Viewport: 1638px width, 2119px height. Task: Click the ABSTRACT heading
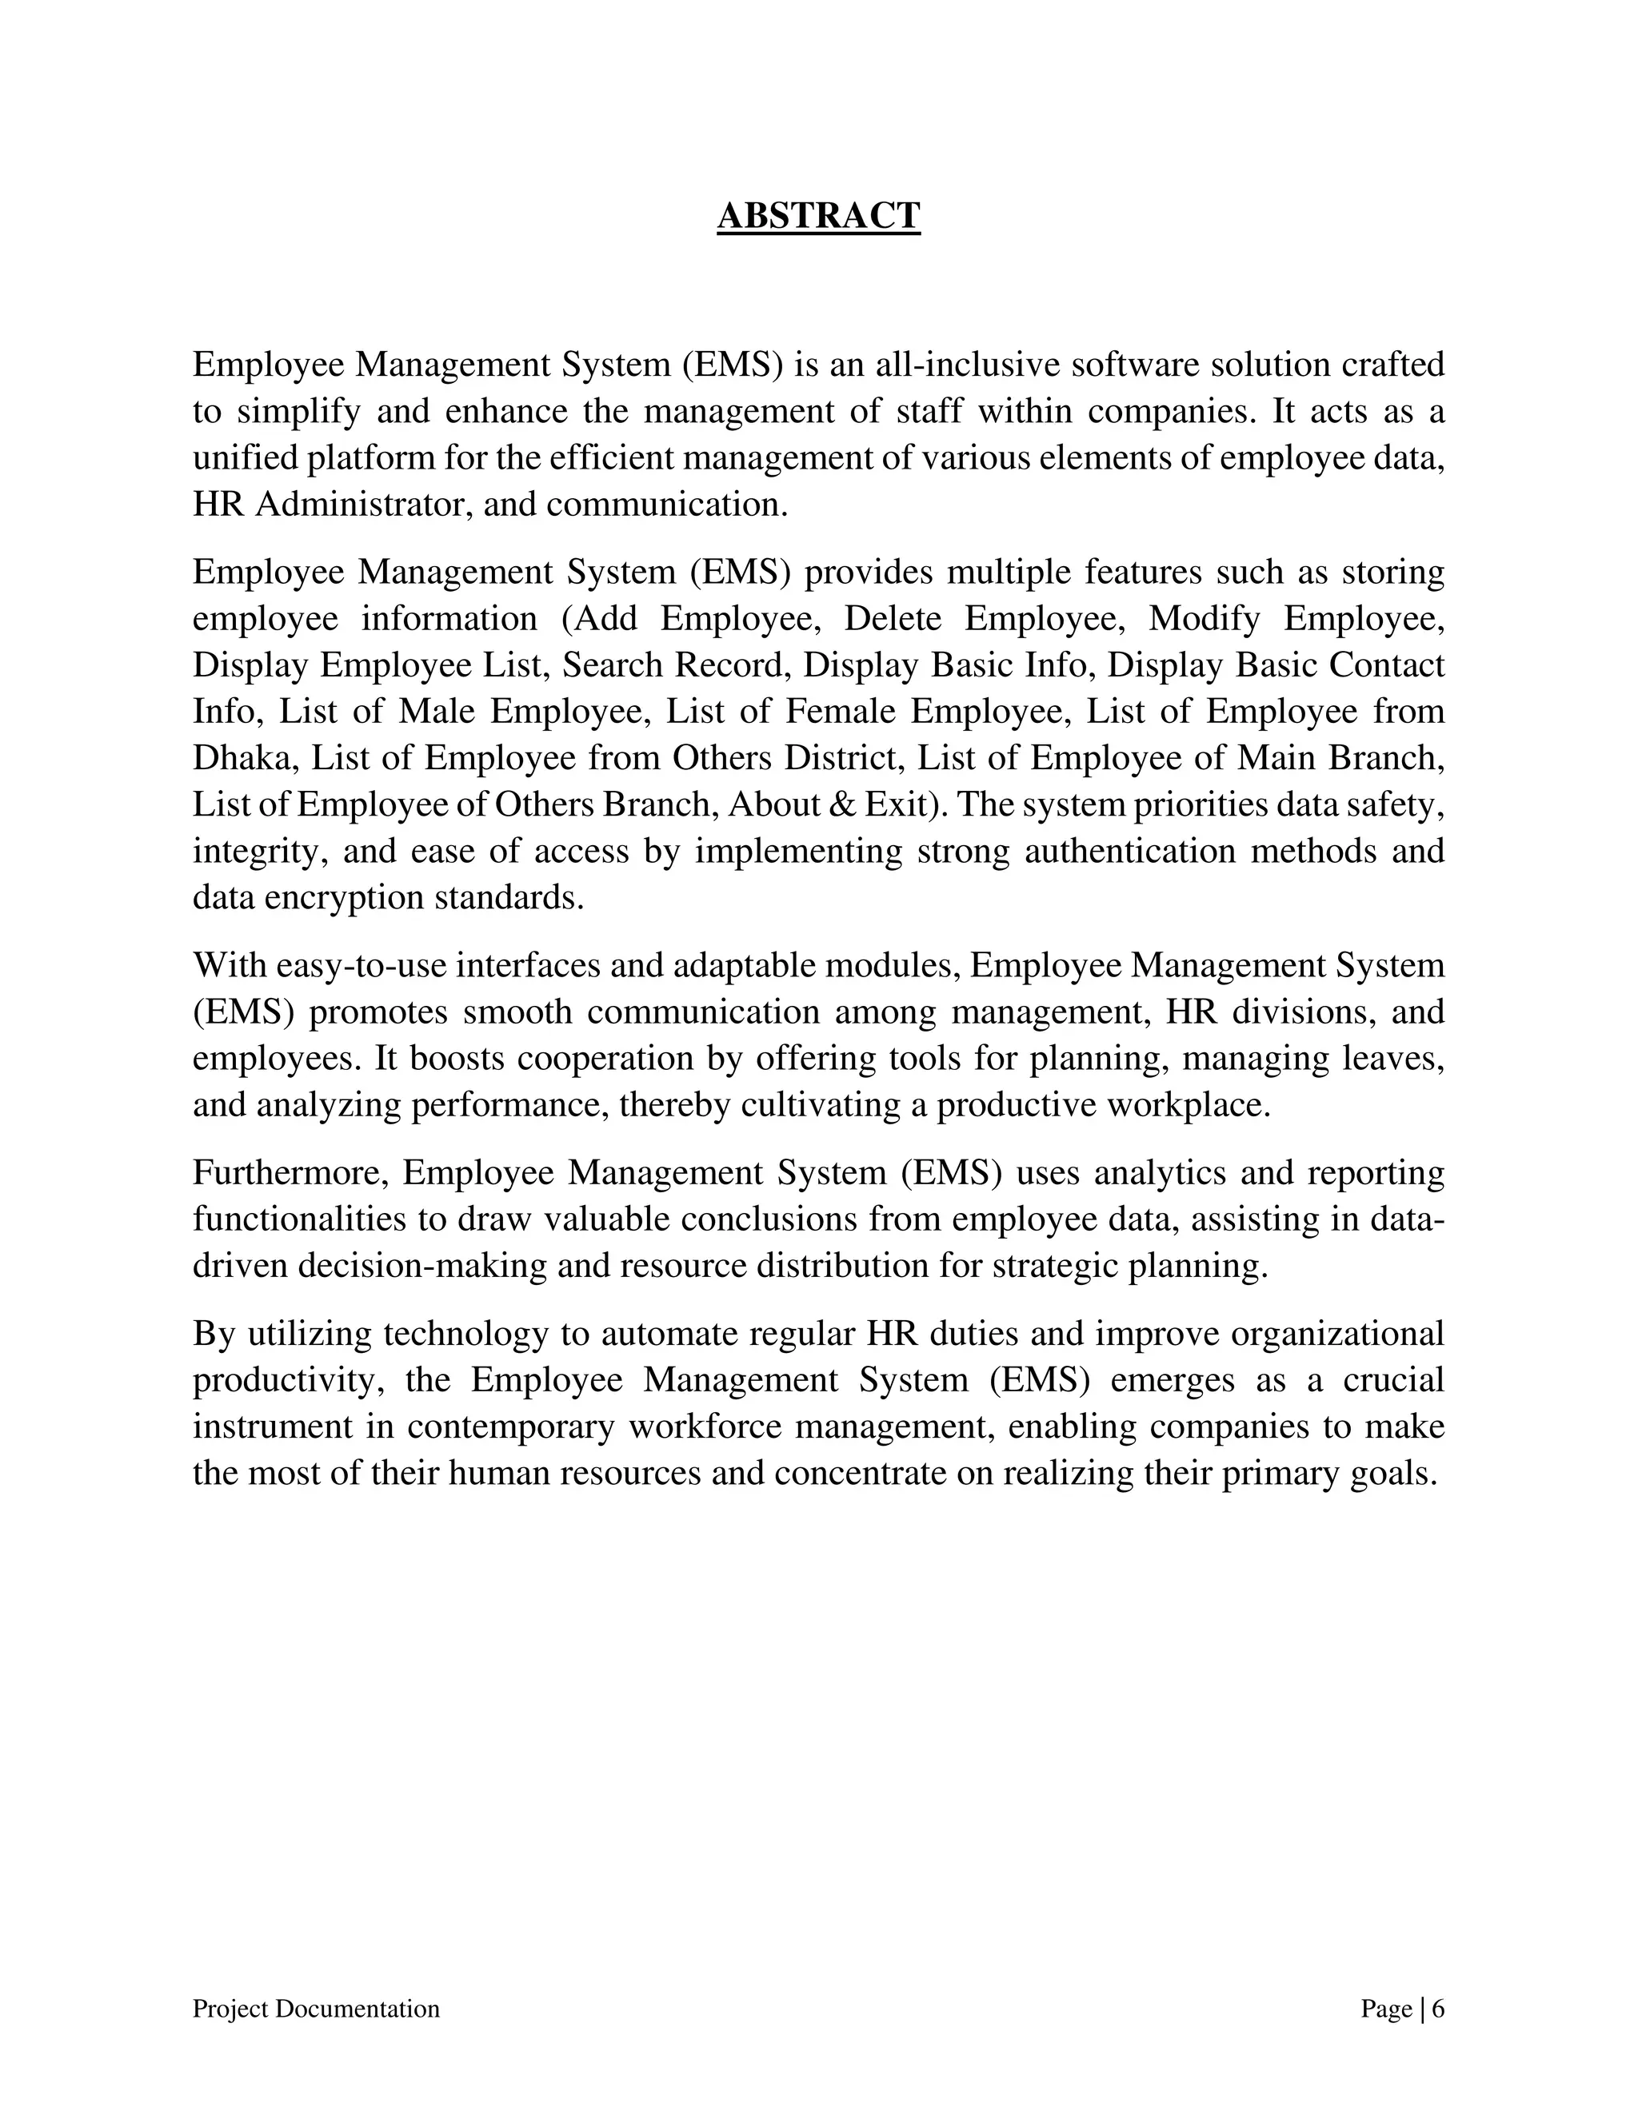pyautogui.click(x=818, y=215)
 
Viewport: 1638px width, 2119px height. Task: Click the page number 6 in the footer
pyautogui.click(x=1438, y=2009)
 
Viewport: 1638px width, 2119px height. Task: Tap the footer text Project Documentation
pyautogui.click(x=317, y=2009)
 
